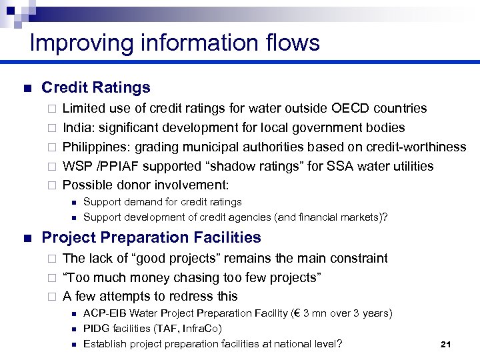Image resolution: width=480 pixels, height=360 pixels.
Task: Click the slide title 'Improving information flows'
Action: pos(175,43)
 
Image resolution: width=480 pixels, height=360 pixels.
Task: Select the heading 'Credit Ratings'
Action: pos(96,87)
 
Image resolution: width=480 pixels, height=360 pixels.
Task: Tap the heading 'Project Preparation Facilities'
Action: pos(151,237)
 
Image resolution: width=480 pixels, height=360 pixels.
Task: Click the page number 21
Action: pos(446,344)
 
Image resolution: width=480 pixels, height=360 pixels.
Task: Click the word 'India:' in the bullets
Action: pos(79,127)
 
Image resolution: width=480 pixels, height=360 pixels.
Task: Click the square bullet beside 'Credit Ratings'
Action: pos(27,88)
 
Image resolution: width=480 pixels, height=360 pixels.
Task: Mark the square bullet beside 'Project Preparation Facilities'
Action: pos(27,238)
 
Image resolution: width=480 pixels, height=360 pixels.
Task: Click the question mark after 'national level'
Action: pos(339,344)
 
